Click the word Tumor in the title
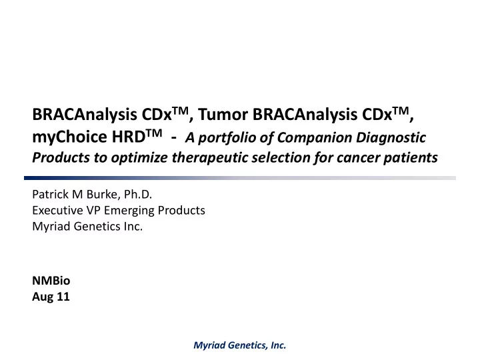[223, 114]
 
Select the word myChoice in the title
[69, 137]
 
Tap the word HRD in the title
[128, 137]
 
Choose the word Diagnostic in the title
[391, 137]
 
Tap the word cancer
[357, 158]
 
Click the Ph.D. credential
[138, 195]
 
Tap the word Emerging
[129, 211]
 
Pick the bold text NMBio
[51, 281]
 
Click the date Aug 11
[51, 297]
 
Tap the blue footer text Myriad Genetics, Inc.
[240, 345]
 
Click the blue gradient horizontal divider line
[240, 178]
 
